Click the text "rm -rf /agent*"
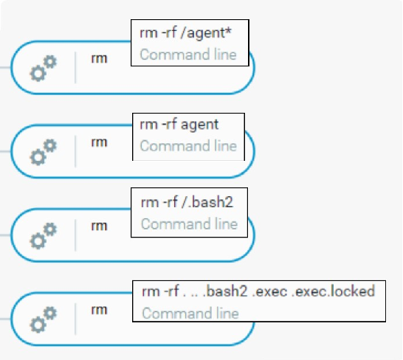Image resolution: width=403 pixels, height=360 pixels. (185, 33)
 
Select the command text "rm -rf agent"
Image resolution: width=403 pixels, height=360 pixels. (179, 125)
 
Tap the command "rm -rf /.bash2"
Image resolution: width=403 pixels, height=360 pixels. (187, 202)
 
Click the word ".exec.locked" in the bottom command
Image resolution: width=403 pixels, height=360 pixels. (333, 291)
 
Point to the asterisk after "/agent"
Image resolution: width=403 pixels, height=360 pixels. (228, 31)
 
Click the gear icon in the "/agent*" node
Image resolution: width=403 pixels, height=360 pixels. (43, 69)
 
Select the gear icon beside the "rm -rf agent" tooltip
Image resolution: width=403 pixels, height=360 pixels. (43, 152)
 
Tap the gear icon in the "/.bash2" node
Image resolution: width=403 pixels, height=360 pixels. (43, 236)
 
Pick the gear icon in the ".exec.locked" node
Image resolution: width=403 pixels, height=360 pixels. (43, 319)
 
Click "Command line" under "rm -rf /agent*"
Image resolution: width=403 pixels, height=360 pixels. (188, 55)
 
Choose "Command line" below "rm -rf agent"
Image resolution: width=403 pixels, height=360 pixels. (188, 146)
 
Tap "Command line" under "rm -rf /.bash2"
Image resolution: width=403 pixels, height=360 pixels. (190, 224)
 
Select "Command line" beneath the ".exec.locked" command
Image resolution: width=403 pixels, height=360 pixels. (190, 314)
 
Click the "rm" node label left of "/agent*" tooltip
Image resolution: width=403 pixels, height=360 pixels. (99, 59)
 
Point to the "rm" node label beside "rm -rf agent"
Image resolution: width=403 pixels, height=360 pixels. (99, 142)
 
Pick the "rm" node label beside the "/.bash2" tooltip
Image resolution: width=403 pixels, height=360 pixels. (99, 226)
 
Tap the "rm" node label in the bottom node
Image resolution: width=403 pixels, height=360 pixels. (99, 310)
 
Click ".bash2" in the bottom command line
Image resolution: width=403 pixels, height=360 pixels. (225, 291)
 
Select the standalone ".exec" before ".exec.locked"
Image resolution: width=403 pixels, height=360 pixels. (269, 291)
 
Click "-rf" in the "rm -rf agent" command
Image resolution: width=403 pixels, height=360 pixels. (169, 124)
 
